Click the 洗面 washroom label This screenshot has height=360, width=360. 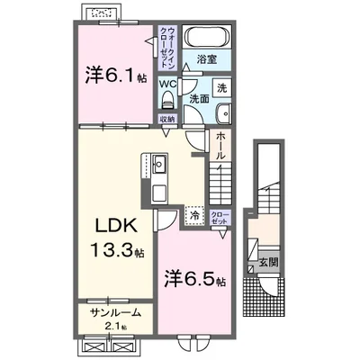[199, 96]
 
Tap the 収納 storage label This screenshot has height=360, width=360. [167, 119]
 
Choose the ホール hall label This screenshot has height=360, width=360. [221, 144]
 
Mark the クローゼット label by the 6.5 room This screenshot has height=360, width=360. [218, 216]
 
